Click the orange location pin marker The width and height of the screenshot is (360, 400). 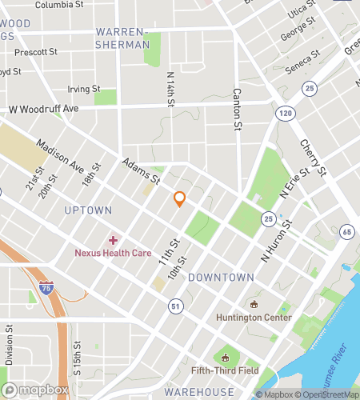click(x=180, y=199)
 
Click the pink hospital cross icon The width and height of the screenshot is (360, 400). click(x=113, y=239)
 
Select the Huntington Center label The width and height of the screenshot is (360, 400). click(x=254, y=316)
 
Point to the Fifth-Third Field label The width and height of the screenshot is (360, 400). click(x=225, y=370)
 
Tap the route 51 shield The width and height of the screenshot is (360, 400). click(x=174, y=305)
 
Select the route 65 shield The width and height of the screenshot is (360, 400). click(x=346, y=232)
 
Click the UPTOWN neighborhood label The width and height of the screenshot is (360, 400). click(x=88, y=210)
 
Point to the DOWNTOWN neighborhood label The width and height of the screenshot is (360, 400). click(x=221, y=278)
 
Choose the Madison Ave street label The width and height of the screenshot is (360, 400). click(x=60, y=157)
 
